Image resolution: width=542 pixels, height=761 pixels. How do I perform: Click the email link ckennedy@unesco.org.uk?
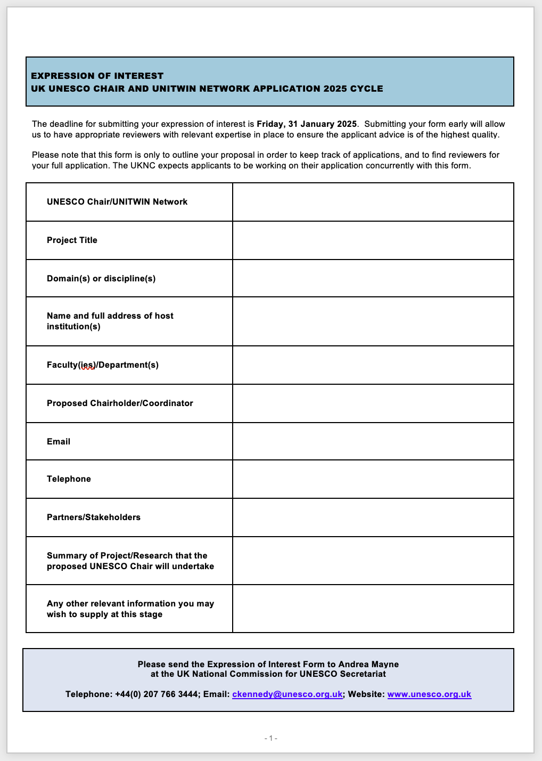tap(287, 694)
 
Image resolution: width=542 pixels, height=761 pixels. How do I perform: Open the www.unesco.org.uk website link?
tap(429, 694)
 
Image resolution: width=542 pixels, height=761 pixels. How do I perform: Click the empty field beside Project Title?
tap(373, 240)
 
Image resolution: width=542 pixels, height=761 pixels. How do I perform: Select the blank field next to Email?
tap(373, 441)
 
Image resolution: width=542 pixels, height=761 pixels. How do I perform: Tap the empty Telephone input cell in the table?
tap(373, 479)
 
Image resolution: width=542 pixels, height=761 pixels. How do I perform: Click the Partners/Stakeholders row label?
tap(94, 517)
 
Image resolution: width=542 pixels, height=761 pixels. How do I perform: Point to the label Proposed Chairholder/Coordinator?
tap(120, 403)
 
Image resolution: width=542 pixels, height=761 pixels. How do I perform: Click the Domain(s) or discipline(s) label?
tap(101, 279)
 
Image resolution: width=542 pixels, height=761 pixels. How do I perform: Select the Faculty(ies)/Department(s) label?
tap(103, 365)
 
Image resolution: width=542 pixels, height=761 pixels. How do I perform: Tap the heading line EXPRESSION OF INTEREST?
tap(97, 76)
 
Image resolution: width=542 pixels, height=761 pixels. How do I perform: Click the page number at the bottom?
tap(271, 738)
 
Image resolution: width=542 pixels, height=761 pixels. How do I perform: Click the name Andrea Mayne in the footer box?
tap(368, 664)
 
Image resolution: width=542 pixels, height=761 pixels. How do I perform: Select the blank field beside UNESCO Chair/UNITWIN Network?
tap(373, 202)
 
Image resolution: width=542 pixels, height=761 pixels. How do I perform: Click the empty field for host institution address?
tap(373, 321)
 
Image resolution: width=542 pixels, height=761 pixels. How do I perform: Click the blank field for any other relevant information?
tap(373, 609)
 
